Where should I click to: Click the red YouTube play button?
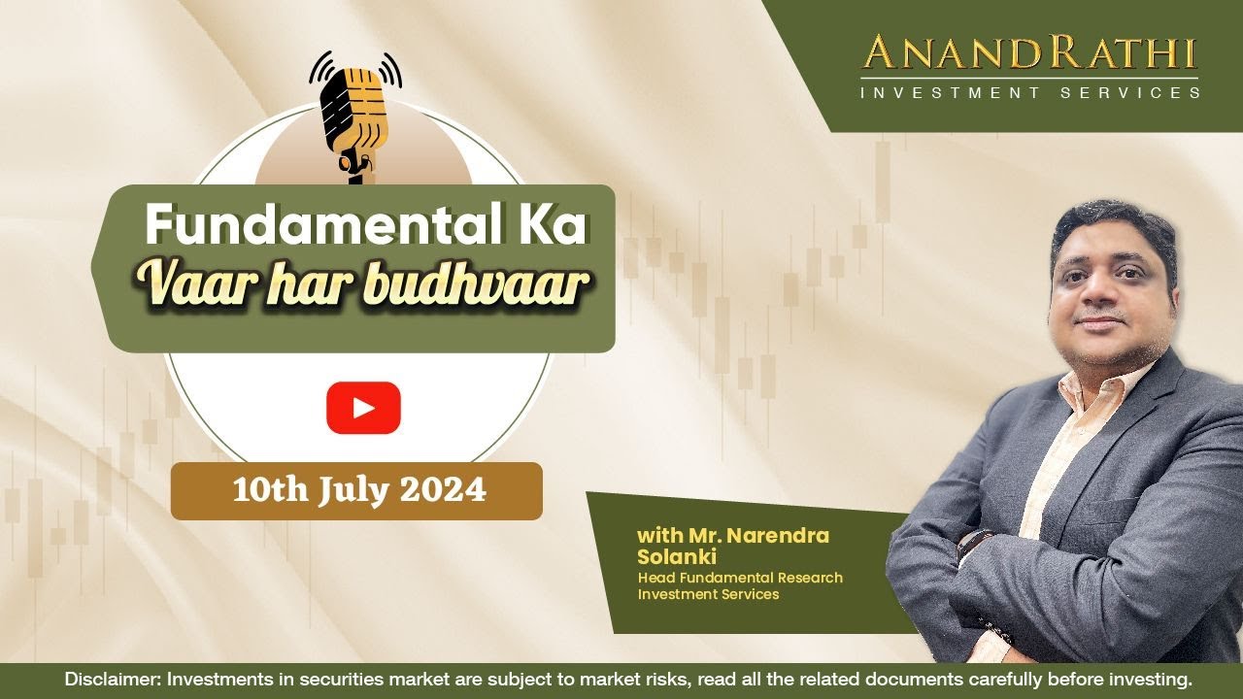363,408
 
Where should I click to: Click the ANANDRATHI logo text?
1029,52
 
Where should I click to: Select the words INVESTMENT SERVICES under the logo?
1029,93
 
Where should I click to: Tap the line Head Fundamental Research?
740,578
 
